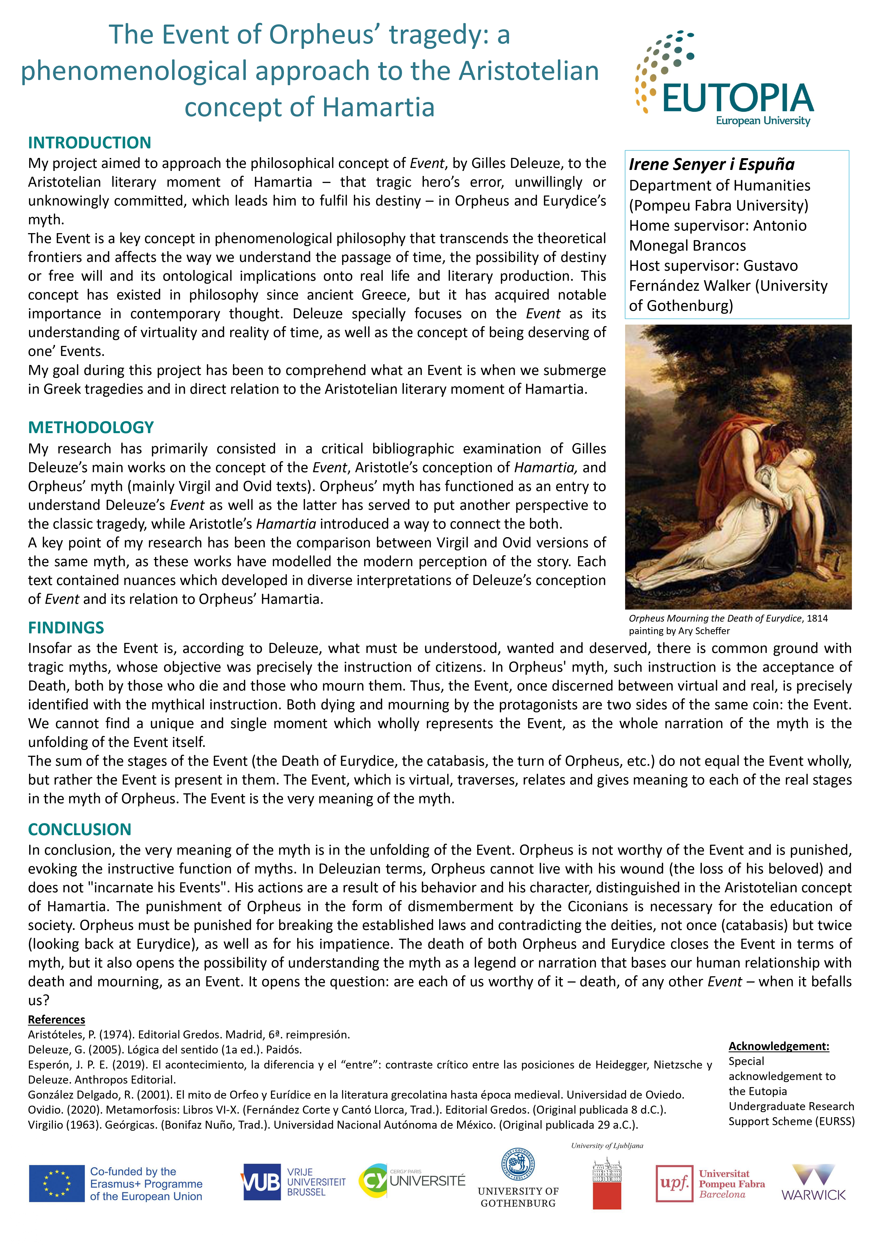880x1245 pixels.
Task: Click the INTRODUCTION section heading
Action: tap(90, 143)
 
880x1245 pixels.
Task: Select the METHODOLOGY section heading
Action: tap(91, 427)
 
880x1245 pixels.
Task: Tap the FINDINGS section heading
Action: tap(66, 627)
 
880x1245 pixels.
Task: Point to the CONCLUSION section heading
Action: tap(80, 829)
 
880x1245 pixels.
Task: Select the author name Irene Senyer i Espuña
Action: tap(711, 164)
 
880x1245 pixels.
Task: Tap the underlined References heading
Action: tap(56, 1019)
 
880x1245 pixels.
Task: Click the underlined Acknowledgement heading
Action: tap(779, 1046)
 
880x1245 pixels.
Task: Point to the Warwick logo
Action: tap(813, 1182)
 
